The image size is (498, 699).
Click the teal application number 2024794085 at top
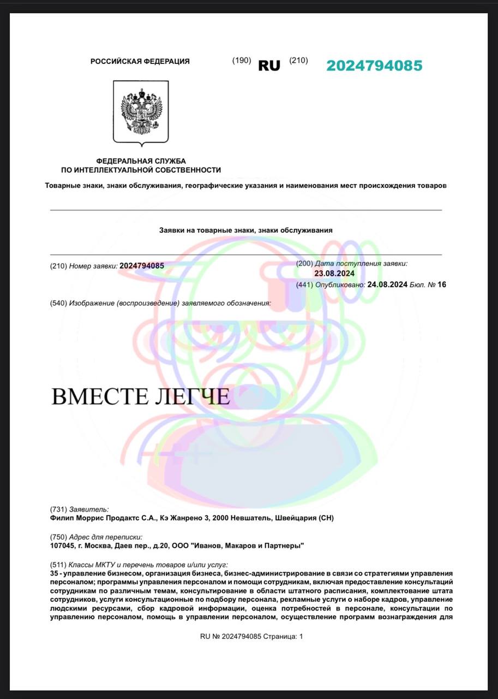(x=374, y=66)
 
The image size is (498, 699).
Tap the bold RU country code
(x=269, y=66)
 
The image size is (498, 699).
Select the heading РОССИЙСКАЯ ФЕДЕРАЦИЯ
(x=140, y=62)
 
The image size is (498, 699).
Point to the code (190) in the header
(x=242, y=61)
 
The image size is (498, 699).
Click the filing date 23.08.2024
(x=334, y=274)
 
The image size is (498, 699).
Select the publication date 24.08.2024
(x=387, y=285)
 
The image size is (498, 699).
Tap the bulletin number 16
(x=442, y=285)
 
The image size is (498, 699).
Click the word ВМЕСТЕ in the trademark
(x=99, y=396)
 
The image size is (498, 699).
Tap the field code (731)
(x=58, y=510)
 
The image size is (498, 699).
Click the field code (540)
(x=58, y=303)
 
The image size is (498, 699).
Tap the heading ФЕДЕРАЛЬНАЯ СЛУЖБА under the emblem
(x=141, y=161)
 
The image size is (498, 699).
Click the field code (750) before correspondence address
(x=58, y=537)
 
